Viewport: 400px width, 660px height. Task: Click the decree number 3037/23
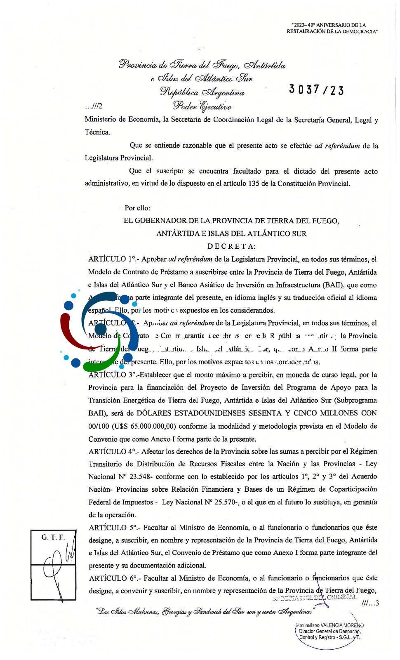tap(316, 90)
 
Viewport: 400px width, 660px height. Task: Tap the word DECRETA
tap(231, 246)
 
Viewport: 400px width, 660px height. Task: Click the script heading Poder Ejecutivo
tap(202, 106)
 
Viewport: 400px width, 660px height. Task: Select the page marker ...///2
tap(94, 106)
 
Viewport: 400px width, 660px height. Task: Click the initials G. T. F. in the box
tap(53, 537)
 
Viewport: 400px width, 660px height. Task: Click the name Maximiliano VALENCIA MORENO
tap(330, 625)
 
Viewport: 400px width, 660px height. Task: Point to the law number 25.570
tap(227, 502)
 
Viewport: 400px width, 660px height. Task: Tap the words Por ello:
tap(137, 208)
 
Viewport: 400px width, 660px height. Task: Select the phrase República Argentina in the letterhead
tap(202, 92)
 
